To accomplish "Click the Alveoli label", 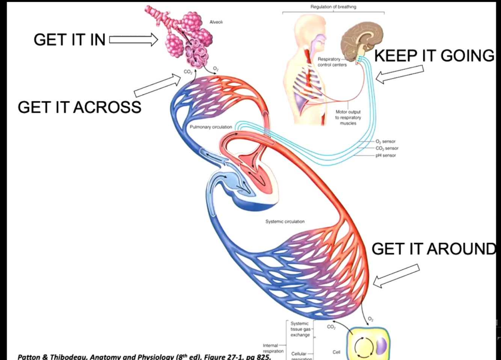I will click(216, 22).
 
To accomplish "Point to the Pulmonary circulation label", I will click(211, 127).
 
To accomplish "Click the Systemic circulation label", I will click(285, 221).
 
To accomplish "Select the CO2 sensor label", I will click(387, 148).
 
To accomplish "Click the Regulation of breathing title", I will click(333, 7).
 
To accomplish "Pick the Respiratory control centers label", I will click(332, 62).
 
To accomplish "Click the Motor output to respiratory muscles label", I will click(348, 117).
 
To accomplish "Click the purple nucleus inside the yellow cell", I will click(381, 346).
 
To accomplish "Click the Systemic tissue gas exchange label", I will click(300, 329).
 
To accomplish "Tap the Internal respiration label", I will click(273, 348).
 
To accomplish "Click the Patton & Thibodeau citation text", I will click(144, 356).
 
